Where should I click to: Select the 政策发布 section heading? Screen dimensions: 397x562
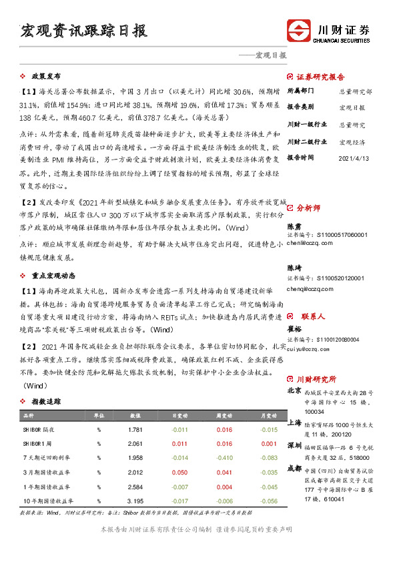pyautogui.click(x=47, y=76)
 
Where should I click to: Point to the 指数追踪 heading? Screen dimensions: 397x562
pyautogui.click(x=47, y=402)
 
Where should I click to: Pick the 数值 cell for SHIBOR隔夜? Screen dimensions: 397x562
pyautogui.click(x=134, y=429)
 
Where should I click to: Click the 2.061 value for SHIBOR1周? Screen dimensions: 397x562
pyautogui.click(x=134, y=443)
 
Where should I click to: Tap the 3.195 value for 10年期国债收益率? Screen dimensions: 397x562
pyautogui.click(x=134, y=501)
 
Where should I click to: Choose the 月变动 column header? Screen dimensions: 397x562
pyautogui.click(x=268, y=414)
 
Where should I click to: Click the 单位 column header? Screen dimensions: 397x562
pyautogui.click(x=98, y=414)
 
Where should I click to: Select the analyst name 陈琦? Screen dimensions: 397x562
pyautogui.click(x=294, y=267)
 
